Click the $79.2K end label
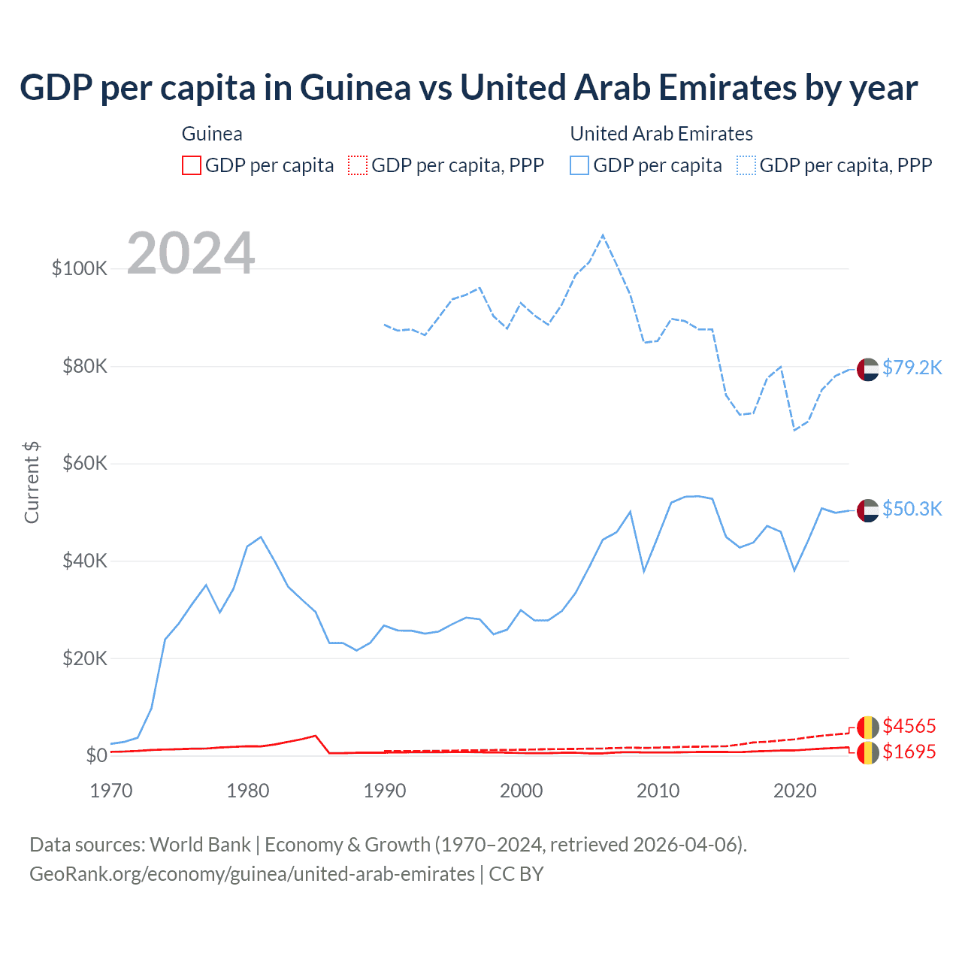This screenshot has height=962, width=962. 912,368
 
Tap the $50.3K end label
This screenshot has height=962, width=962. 912,509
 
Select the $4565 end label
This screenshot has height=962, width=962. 909,726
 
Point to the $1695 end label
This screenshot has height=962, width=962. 909,752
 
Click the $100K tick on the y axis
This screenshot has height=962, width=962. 80,268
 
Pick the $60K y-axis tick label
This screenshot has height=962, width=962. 84,463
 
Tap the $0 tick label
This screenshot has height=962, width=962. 96,755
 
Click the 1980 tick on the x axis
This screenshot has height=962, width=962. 248,791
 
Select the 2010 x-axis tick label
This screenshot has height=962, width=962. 658,791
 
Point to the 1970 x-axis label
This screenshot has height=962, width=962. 111,791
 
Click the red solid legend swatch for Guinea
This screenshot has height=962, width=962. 192,165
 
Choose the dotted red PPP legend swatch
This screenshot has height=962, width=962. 358,165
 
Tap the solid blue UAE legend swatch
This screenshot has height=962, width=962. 579,165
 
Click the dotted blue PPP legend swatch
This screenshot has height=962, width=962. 746,165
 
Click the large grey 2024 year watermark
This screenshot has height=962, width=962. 191,253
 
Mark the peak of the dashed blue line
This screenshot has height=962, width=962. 603,236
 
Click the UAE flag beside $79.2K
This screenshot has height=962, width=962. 867,370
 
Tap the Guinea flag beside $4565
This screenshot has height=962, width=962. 867,728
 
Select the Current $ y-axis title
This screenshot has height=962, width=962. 32,483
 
